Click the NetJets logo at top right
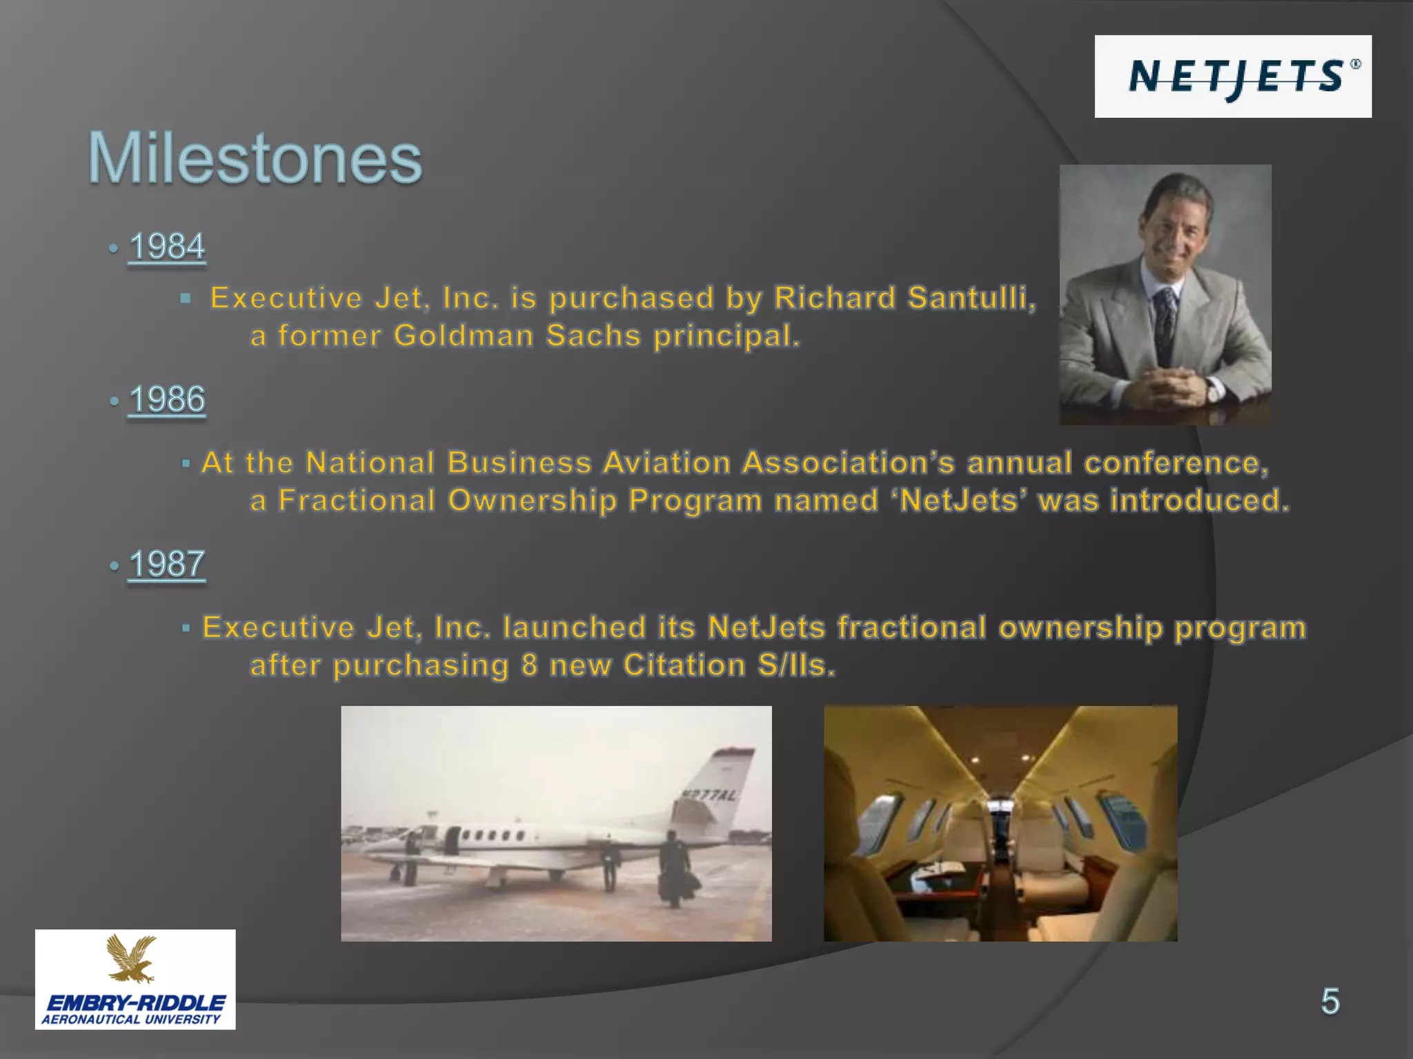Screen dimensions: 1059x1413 tap(1233, 77)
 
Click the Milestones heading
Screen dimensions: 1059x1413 tap(255, 159)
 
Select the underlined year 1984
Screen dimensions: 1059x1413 tap(167, 246)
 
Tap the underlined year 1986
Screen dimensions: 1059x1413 tap(167, 399)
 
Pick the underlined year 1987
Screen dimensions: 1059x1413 tap(167, 564)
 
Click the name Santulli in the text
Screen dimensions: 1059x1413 tap(971, 298)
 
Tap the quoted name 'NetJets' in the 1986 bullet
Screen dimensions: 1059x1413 tap(959, 501)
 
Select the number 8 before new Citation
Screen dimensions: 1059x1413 tap(529, 665)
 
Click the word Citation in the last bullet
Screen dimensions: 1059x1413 tap(684, 665)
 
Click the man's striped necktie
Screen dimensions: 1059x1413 tap(1165, 324)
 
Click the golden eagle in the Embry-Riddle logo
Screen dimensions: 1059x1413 tap(132, 958)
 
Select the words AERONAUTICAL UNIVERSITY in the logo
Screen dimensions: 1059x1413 tap(131, 1019)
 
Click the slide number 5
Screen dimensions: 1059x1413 tap(1330, 1001)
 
